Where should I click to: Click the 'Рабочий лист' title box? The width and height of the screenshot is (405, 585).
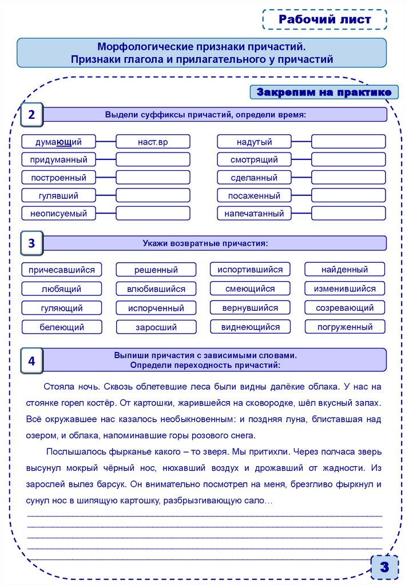(x=325, y=19)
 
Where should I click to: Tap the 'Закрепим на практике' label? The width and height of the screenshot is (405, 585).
(x=324, y=92)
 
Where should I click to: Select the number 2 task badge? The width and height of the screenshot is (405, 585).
(x=31, y=115)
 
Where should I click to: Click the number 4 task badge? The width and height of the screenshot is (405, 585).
(x=31, y=360)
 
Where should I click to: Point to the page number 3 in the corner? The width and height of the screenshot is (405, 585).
(x=384, y=567)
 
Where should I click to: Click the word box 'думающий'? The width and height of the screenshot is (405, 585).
(x=59, y=142)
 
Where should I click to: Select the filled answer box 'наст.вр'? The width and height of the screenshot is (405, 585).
(x=153, y=142)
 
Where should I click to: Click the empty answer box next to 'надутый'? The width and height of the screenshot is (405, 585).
(x=348, y=142)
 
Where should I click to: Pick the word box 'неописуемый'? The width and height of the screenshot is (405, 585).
(x=59, y=214)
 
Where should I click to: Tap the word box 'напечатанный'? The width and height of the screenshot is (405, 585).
(x=254, y=214)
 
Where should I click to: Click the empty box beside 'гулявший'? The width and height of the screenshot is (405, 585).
(x=153, y=195)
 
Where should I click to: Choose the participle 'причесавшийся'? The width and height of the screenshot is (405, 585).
(x=62, y=269)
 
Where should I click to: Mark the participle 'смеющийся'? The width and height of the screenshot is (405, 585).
(x=250, y=289)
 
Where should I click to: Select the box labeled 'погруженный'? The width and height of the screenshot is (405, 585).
(x=344, y=327)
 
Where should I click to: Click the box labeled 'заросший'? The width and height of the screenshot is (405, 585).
(x=156, y=327)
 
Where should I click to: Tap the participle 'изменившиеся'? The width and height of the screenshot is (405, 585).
(x=344, y=289)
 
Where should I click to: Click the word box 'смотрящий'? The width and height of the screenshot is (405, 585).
(x=254, y=159)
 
